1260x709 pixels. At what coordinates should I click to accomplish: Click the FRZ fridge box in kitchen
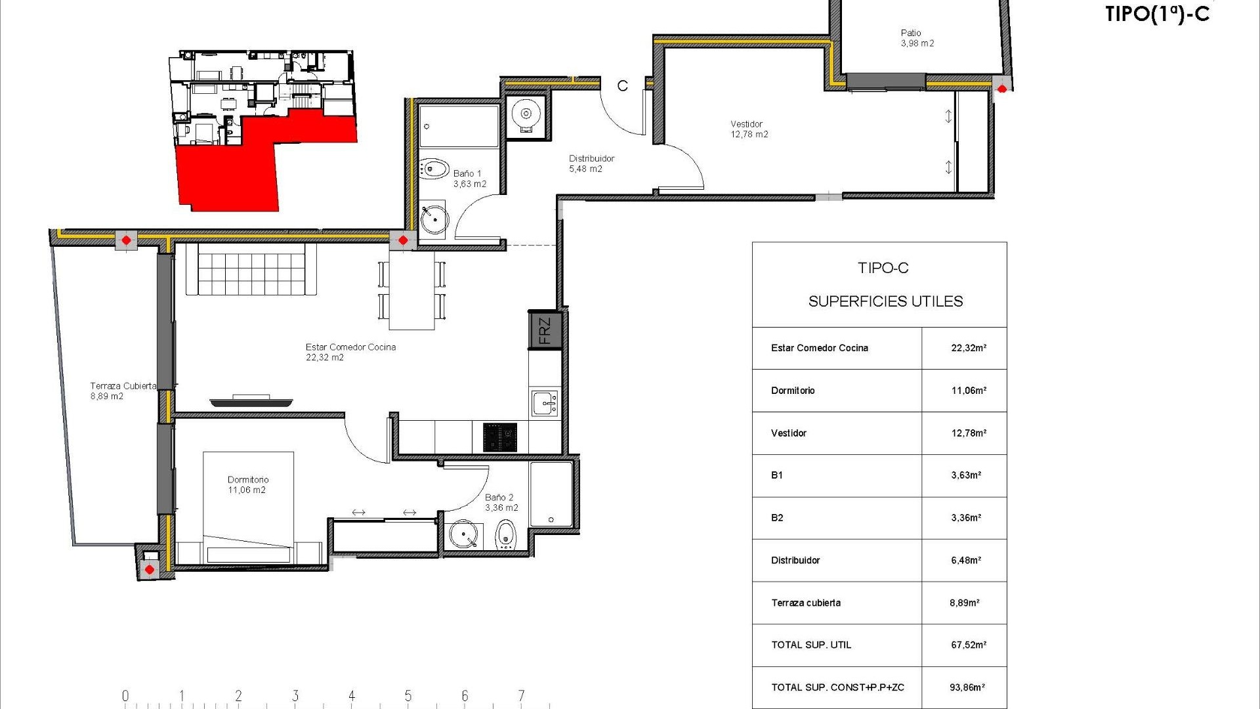tap(545, 331)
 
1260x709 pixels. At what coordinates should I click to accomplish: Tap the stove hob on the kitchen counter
tap(500, 437)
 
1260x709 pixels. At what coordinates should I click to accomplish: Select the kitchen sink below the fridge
tap(545, 402)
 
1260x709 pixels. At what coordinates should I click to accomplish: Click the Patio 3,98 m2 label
tap(916, 38)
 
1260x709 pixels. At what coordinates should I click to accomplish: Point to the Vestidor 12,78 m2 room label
tap(749, 129)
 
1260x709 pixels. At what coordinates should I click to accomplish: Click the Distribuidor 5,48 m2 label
tap(591, 163)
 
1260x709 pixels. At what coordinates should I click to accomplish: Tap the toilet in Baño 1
tap(434, 169)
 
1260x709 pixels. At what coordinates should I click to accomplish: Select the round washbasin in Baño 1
tap(434, 219)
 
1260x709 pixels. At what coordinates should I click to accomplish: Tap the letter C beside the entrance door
tap(622, 86)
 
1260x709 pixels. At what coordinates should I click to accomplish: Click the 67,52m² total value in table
tap(968, 645)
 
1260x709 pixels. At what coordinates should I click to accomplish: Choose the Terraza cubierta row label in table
tap(805, 603)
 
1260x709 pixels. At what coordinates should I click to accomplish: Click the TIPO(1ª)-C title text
tap(1156, 14)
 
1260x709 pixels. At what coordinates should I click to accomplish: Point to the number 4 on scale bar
tap(352, 695)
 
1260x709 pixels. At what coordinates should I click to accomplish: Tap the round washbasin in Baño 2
tap(463, 535)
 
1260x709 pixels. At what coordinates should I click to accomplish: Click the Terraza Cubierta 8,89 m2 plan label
tap(123, 391)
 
